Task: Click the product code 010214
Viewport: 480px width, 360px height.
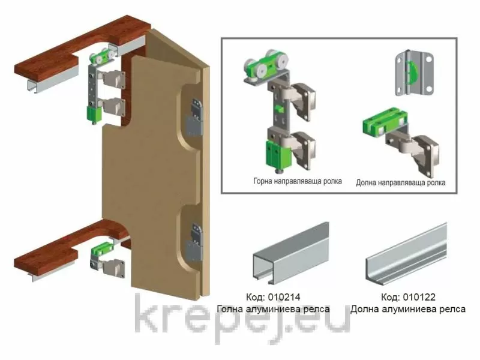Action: [284, 297]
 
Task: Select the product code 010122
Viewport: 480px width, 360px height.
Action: [419, 297]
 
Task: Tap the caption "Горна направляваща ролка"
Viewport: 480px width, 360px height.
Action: [298, 181]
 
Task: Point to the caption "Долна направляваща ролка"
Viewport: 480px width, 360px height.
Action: [400, 183]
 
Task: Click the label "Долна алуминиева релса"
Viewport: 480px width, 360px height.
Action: [408, 309]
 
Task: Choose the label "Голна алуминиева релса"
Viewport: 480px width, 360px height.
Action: [273, 309]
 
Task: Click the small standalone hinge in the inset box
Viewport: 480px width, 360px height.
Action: [415, 72]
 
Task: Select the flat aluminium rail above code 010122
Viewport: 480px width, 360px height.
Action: [407, 254]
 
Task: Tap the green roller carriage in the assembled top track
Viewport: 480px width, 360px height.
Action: [103, 58]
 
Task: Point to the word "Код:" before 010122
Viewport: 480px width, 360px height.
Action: [391, 297]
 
